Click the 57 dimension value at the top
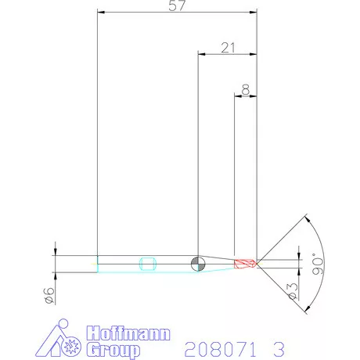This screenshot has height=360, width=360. pyautogui.click(x=177, y=6)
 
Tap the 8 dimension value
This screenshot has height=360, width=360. pyautogui.click(x=247, y=90)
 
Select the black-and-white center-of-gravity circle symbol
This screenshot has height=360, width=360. pyautogui.click(x=198, y=262)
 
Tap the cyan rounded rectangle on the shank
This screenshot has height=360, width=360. pyautogui.click(x=147, y=263)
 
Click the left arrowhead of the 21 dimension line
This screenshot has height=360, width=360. pyautogui.click(x=201, y=54)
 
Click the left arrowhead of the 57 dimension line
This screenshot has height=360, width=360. pyautogui.click(x=100, y=12)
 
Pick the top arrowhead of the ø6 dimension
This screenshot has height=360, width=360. pyautogui.click(x=55, y=251)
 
